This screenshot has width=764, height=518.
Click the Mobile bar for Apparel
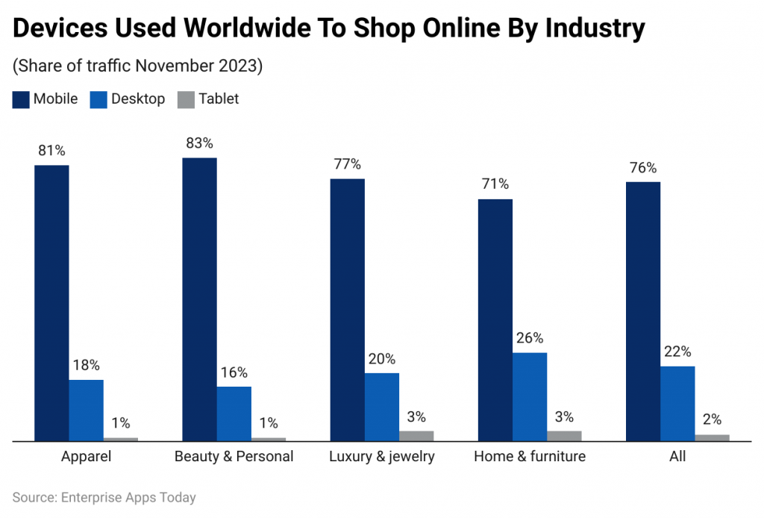pos(51,303)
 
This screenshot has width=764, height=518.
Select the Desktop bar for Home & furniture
pos(530,396)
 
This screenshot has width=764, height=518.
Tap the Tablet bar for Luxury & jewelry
pos(416,436)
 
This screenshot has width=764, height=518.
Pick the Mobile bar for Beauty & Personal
pos(199,299)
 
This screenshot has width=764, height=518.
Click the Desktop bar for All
pos(677,403)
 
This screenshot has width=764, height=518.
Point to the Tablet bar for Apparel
pos(121,439)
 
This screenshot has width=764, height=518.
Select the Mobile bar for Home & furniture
pos(495,319)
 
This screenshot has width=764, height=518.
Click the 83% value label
pos(199,143)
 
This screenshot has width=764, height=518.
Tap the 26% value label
pos(530,338)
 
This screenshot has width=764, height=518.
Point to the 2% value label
pos(712,419)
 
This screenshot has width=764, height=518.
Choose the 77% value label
pos(347,164)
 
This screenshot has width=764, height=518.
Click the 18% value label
pos(87,365)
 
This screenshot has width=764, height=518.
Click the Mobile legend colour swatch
pos(21,99)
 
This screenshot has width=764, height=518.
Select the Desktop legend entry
pos(128,99)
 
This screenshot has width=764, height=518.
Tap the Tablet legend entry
pos(208,99)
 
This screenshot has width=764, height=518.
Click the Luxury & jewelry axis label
pos(381,456)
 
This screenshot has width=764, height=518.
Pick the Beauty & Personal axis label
pos(234,456)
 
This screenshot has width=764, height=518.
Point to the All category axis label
pos(677,456)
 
